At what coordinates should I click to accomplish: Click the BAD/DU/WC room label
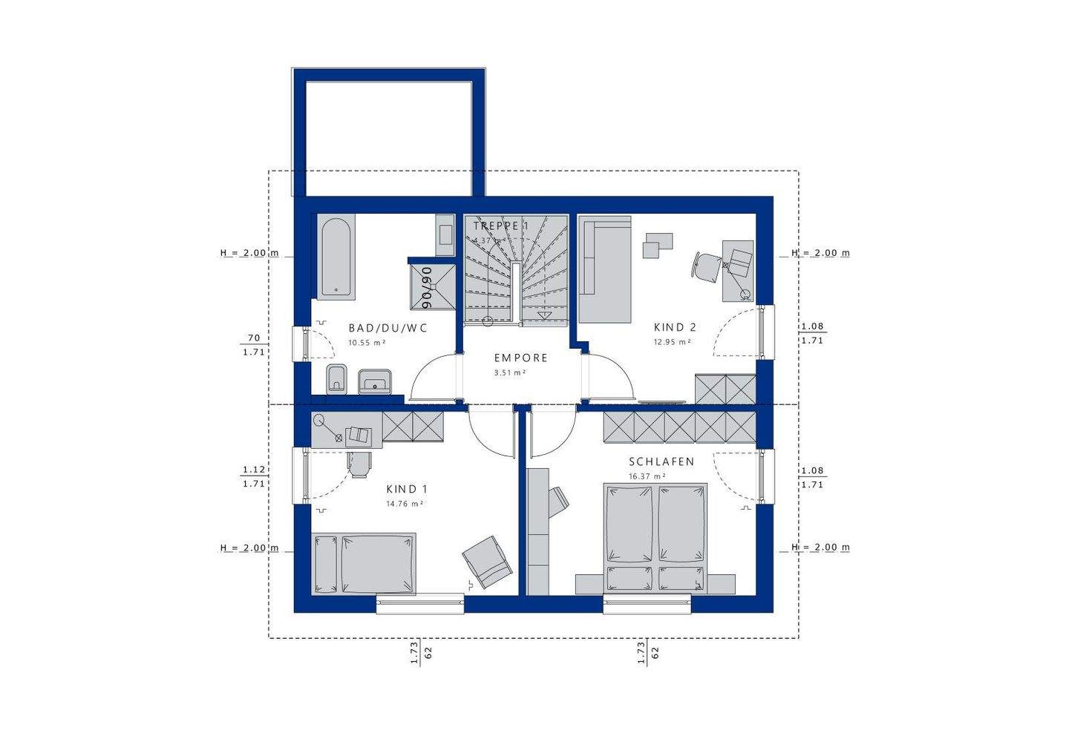(x=388, y=327)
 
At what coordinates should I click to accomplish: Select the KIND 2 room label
(x=675, y=327)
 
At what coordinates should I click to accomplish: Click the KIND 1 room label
(x=406, y=489)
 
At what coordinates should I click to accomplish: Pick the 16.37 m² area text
(x=647, y=476)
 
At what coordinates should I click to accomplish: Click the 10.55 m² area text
(x=367, y=343)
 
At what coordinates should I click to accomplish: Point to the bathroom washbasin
(x=376, y=381)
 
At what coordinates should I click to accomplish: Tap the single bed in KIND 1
(x=364, y=563)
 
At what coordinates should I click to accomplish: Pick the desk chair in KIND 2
(x=706, y=266)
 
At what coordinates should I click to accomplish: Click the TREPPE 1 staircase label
(x=501, y=226)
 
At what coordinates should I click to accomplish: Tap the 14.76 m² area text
(x=404, y=504)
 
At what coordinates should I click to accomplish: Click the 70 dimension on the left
(x=253, y=338)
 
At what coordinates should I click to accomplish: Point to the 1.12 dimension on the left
(x=253, y=470)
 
